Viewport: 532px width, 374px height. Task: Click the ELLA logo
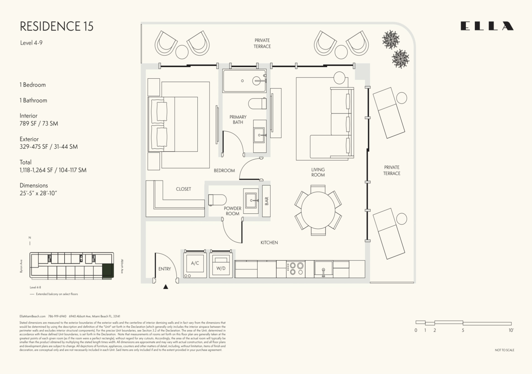(487, 26)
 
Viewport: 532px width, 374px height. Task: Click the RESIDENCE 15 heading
(57, 26)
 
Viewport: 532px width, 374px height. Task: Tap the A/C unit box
(195, 263)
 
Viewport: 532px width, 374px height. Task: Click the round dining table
(318, 211)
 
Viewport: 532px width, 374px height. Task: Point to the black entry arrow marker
(166, 287)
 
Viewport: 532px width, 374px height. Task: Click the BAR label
(266, 201)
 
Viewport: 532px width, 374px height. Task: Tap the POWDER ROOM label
(232, 211)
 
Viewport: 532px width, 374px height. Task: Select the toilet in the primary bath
(257, 104)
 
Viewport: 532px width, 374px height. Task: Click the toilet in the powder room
(217, 200)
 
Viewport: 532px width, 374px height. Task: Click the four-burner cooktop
(296, 269)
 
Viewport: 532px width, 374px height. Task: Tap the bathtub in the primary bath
(244, 81)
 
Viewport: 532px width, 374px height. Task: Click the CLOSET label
(183, 189)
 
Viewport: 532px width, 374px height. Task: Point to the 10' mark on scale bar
(511, 330)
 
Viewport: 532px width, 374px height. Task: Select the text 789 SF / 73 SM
(39, 124)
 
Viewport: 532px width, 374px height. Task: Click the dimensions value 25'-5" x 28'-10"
(38, 193)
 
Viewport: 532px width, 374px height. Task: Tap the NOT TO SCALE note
(504, 350)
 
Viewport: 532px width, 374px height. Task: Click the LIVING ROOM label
(318, 172)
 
